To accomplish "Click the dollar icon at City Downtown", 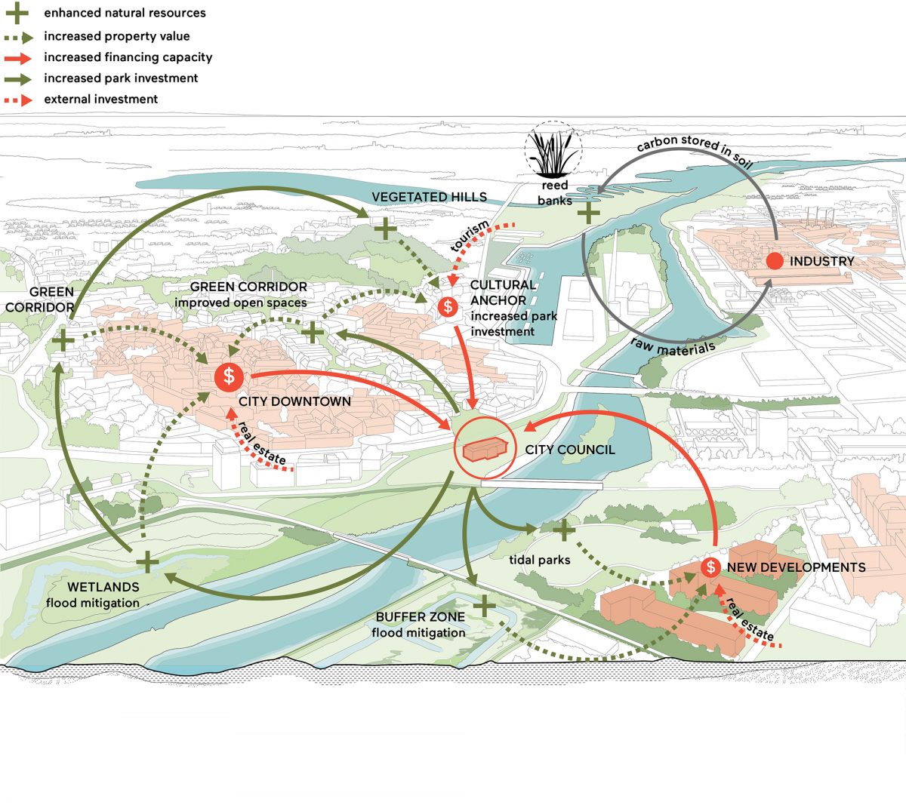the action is [x=229, y=376].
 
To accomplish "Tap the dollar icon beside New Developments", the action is [x=710, y=567].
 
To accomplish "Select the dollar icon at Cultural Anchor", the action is [x=448, y=307].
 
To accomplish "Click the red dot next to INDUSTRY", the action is [x=775, y=261].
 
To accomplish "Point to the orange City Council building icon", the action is [x=485, y=448].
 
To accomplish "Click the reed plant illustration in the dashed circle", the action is [x=553, y=149].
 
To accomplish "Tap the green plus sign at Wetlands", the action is [x=147, y=562].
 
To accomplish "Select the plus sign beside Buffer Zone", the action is [x=484, y=606].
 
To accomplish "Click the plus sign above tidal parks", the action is [x=564, y=530].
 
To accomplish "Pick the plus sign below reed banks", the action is [x=588, y=213].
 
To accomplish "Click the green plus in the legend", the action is [x=17, y=13].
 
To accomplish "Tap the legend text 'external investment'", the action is [x=100, y=99].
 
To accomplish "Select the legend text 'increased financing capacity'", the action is [x=128, y=57].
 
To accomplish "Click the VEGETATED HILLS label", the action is [x=430, y=197].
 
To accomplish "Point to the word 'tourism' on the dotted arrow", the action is [x=470, y=235].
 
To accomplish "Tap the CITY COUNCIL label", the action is [x=570, y=450].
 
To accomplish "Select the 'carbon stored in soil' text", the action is [x=695, y=149].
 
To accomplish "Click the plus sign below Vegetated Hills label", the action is [x=386, y=229].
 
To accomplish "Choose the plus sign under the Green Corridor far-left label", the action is [x=63, y=341].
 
